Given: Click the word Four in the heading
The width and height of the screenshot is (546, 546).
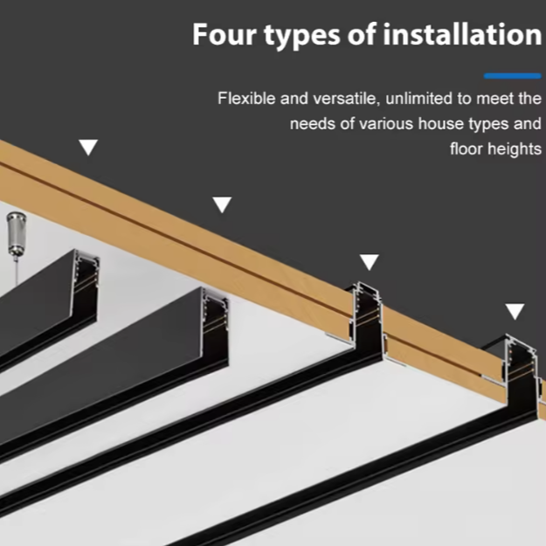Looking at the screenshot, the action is click(x=225, y=34).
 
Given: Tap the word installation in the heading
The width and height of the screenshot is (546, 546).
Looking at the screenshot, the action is click(x=462, y=34).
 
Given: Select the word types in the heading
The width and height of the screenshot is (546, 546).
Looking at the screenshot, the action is click(x=301, y=37).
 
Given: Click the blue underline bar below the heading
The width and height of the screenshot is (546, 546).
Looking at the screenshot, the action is click(x=512, y=76).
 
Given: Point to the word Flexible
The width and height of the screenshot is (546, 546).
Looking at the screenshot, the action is click(x=246, y=98).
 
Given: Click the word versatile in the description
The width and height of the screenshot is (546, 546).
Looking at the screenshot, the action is click(x=345, y=99).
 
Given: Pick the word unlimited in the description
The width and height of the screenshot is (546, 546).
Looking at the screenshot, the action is click(x=418, y=98).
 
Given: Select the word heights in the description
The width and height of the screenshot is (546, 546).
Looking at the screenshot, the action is click(x=515, y=149).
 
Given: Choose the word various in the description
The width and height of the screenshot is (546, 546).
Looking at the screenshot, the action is click(x=385, y=124).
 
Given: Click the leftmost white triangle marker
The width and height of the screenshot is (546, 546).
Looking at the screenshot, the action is click(x=88, y=147).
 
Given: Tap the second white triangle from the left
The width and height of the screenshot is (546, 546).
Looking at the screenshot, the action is click(x=222, y=204).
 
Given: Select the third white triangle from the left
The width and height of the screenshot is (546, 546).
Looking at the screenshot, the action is click(x=370, y=261).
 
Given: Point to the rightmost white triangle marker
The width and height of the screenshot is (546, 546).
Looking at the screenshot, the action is click(x=515, y=311).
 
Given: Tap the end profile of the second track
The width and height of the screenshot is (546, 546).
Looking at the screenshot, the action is click(x=215, y=326).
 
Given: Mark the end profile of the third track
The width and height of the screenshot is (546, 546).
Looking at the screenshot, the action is click(x=368, y=321).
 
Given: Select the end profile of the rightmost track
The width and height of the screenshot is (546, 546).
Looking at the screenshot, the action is click(x=522, y=376).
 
